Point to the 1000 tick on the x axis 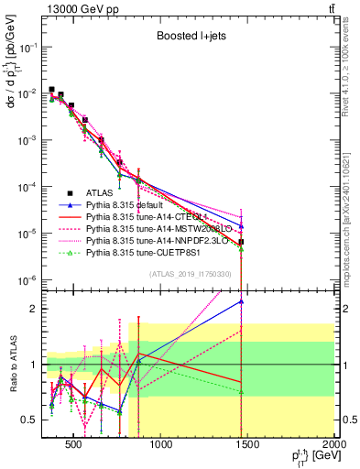(161, 443)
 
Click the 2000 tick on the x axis (335, 443)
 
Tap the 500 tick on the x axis (74, 443)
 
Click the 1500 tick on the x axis (248, 443)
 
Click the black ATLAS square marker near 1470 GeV (241, 242)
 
